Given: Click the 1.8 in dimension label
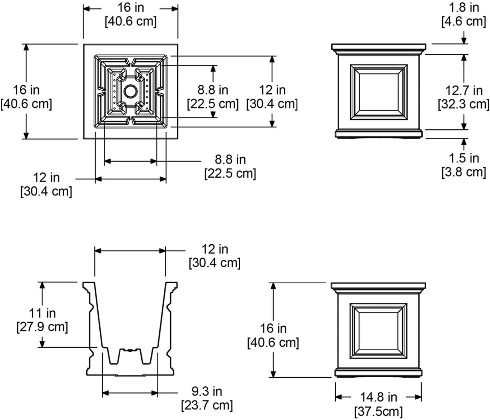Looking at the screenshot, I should pos(464,7).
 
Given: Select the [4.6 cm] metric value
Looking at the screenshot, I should pos(464,21).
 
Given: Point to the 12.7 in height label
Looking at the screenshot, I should pos(464,90).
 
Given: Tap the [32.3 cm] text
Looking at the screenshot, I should pos(464,104).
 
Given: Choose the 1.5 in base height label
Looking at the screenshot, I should pos(464,158).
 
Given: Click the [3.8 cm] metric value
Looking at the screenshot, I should pos(464,172).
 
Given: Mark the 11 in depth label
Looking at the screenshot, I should pos(42,313).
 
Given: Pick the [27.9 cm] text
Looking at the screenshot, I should pos(42,327).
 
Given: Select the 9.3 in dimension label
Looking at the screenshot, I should pos(207,391).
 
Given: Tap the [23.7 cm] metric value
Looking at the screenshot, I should pos(207,405).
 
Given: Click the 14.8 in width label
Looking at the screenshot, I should pos(378,397).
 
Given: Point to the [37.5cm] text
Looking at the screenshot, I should pos(378,411).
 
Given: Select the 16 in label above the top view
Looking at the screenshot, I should pos(130,7).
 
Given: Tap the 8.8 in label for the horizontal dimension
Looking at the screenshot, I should pos(230,159).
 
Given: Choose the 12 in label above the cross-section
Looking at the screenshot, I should pos(215,249).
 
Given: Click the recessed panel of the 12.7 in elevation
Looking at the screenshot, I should pos(379,92).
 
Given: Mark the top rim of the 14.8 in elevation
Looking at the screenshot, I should pos(378,286).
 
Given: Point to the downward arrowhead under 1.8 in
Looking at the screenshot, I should pos(464,41).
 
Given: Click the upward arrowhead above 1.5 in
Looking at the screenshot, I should pos(464,142).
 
